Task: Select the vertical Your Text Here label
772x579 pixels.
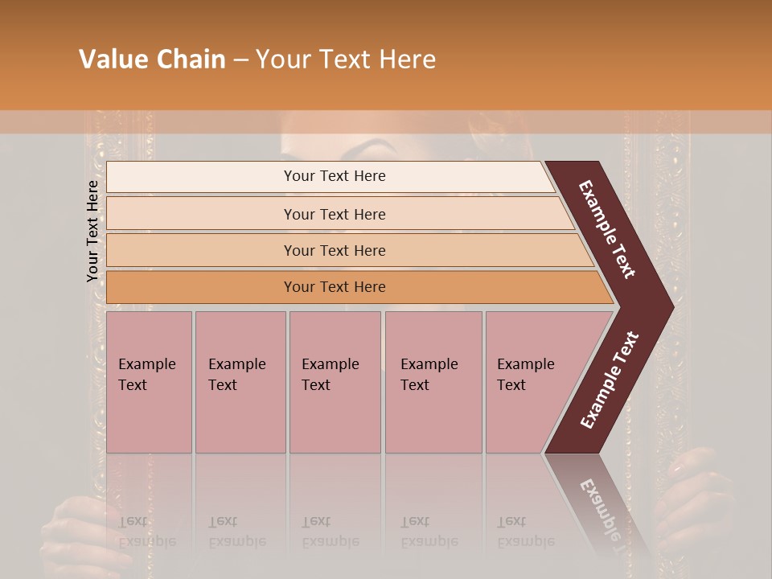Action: [92, 232]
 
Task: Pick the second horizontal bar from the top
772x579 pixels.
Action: [334, 214]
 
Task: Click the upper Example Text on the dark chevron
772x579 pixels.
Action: [607, 229]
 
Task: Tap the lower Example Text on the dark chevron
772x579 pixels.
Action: [609, 380]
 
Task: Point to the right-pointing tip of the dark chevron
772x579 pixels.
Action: [671, 306]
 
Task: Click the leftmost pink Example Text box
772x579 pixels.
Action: [149, 382]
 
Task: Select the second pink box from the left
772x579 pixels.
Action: [240, 382]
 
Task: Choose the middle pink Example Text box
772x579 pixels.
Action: [335, 382]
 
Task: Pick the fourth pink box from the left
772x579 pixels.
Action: [433, 382]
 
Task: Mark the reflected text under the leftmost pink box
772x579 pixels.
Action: [147, 532]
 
